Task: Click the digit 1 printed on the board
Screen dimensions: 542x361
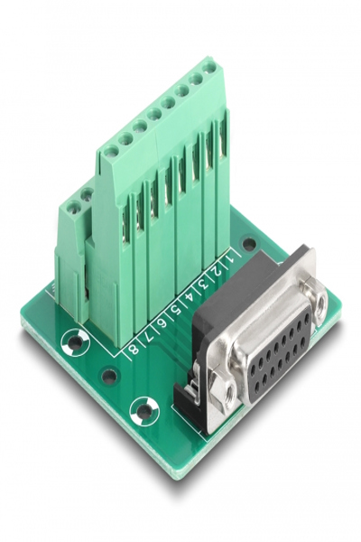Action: point(231,257)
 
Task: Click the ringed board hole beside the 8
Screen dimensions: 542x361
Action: point(76,341)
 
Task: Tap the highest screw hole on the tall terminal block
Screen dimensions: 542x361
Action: point(208,66)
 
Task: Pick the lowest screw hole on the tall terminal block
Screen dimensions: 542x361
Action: point(110,152)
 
